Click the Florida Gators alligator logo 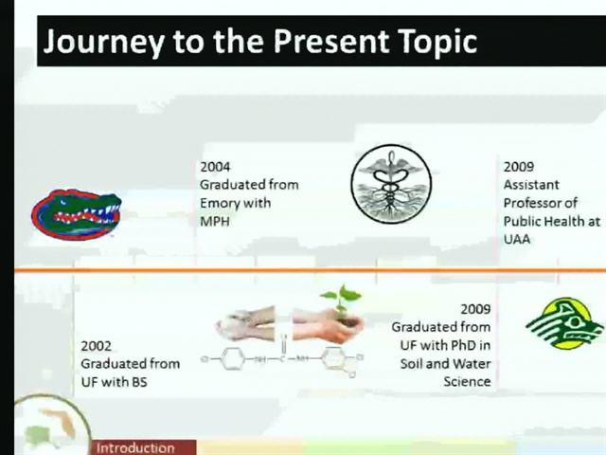coord(76,214)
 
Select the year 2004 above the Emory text coord(215,167)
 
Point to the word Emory coord(222,204)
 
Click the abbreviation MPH coord(215,222)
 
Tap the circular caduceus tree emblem coord(391,184)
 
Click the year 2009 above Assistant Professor coord(518,167)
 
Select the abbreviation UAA coord(517,239)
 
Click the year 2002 coord(96,346)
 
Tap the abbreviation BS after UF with coord(139,382)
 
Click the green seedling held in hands coord(341,301)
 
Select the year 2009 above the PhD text coord(475,309)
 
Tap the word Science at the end coord(467,381)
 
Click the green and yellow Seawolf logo coord(564,323)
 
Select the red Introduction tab coord(144,447)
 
